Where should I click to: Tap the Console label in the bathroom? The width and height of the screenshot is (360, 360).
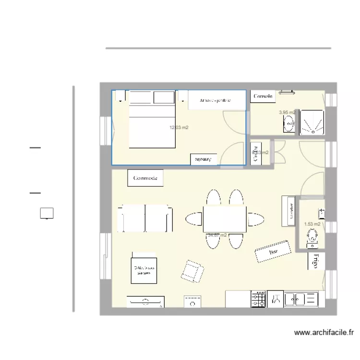(x=263, y=96)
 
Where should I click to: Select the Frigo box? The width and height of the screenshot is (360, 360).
(x=316, y=260)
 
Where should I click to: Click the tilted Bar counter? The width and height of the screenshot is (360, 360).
(x=274, y=251)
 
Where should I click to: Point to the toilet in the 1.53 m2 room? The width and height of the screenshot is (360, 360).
(x=312, y=236)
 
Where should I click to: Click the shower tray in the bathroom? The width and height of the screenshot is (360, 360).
(x=312, y=121)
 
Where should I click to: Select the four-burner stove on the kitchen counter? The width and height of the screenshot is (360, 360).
(x=258, y=300)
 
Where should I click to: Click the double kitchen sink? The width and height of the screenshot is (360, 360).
(x=301, y=300)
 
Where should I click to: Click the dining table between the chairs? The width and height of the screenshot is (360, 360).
(x=225, y=218)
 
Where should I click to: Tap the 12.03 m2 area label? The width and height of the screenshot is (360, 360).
(x=179, y=128)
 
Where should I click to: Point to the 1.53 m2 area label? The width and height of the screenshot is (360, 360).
(x=312, y=224)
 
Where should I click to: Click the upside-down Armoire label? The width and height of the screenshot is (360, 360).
(x=204, y=159)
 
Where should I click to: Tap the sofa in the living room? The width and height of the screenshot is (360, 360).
(x=145, y=218)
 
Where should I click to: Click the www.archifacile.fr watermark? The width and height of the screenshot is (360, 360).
(x=324, y=332)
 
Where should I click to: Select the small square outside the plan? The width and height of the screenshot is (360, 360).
(x=47, y=213)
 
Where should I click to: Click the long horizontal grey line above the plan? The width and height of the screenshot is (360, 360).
(x=218, y=48)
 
